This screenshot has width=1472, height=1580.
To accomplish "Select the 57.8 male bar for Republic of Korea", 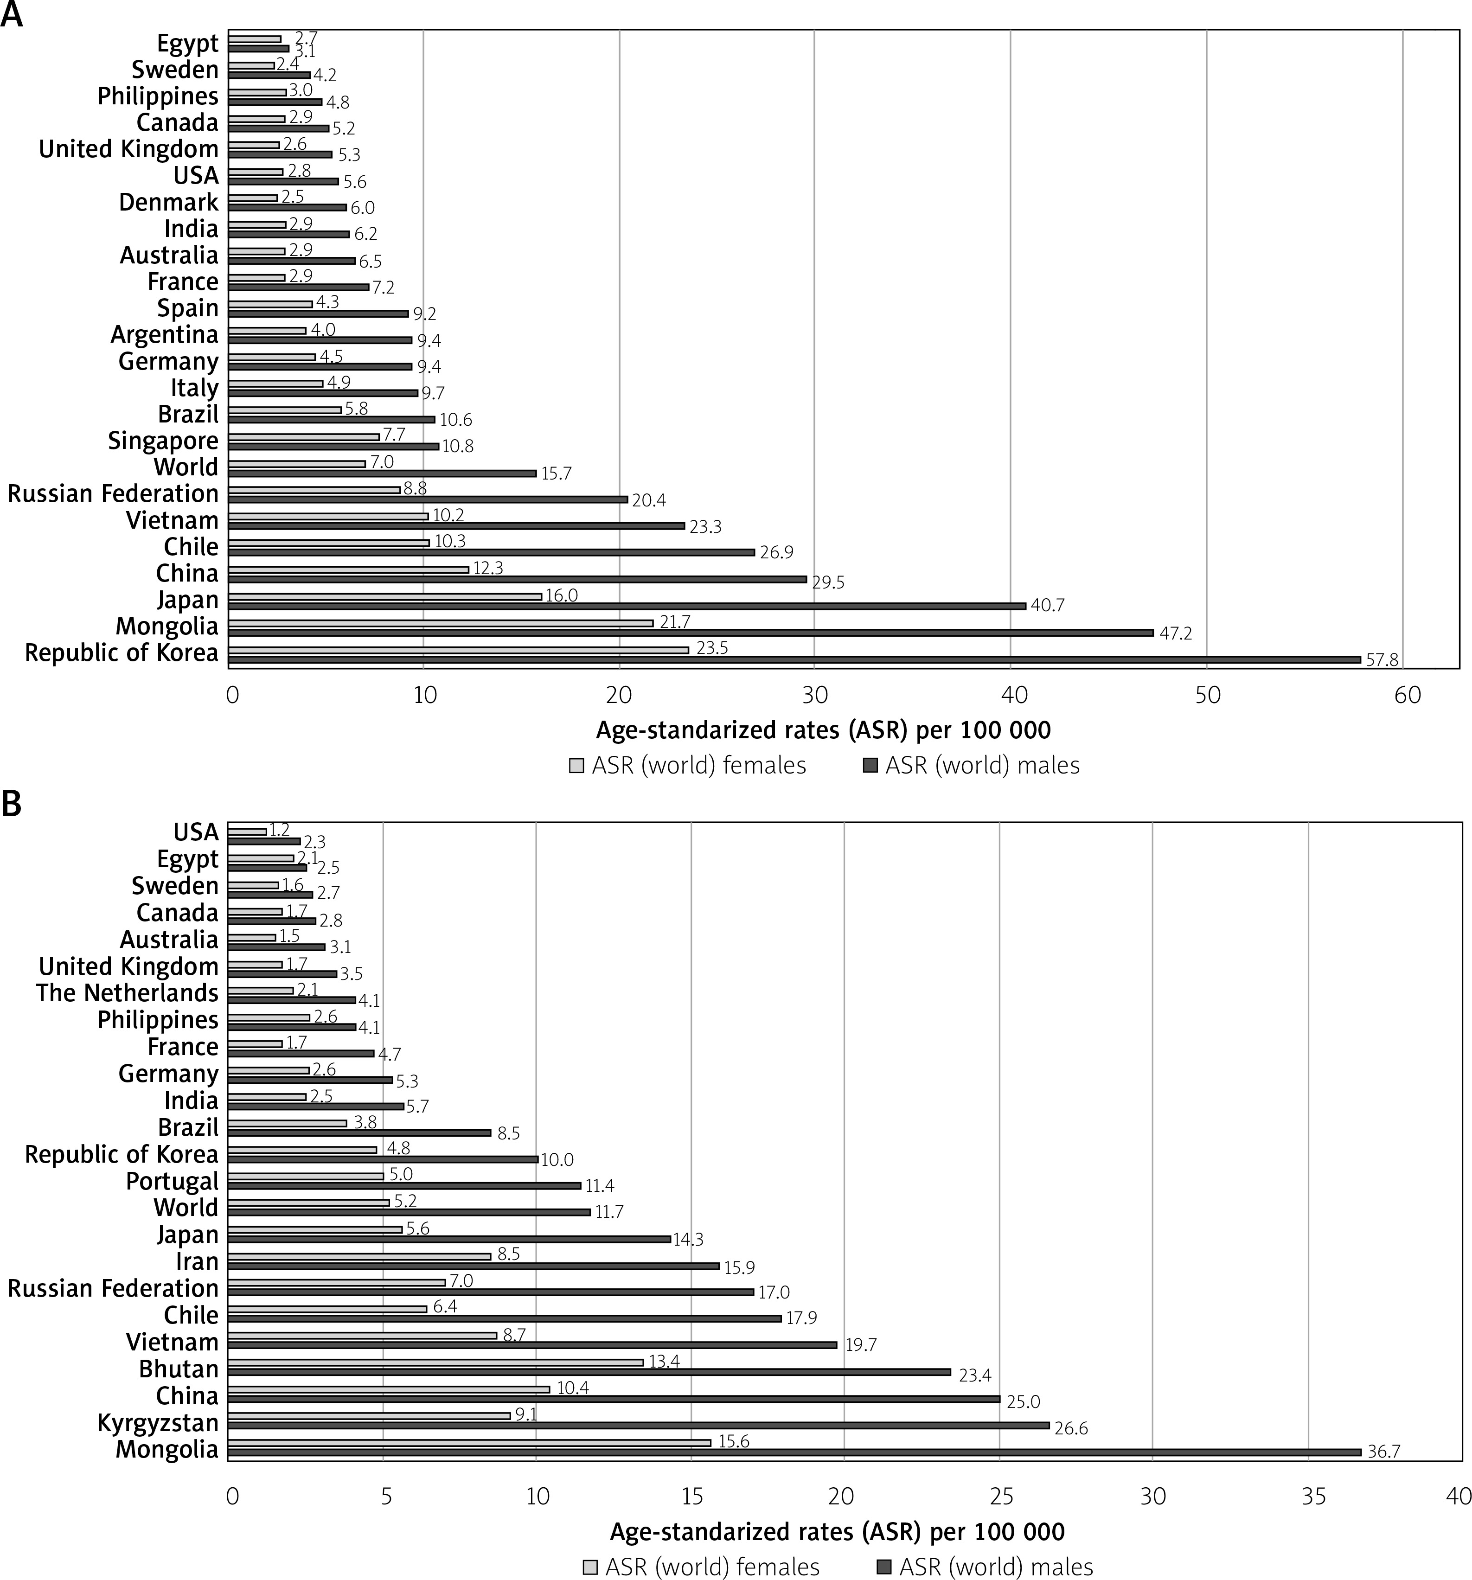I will tap(795, 659).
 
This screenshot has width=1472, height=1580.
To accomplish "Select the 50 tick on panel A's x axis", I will tap(1207, 696).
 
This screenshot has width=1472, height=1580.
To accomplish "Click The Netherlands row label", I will tap(127, 993).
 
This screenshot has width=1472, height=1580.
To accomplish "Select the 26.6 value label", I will tap(1071, 1429).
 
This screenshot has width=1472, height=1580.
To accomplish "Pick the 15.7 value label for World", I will tap(557, 473).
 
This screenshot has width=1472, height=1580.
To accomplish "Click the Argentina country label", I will tap(165, 335).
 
